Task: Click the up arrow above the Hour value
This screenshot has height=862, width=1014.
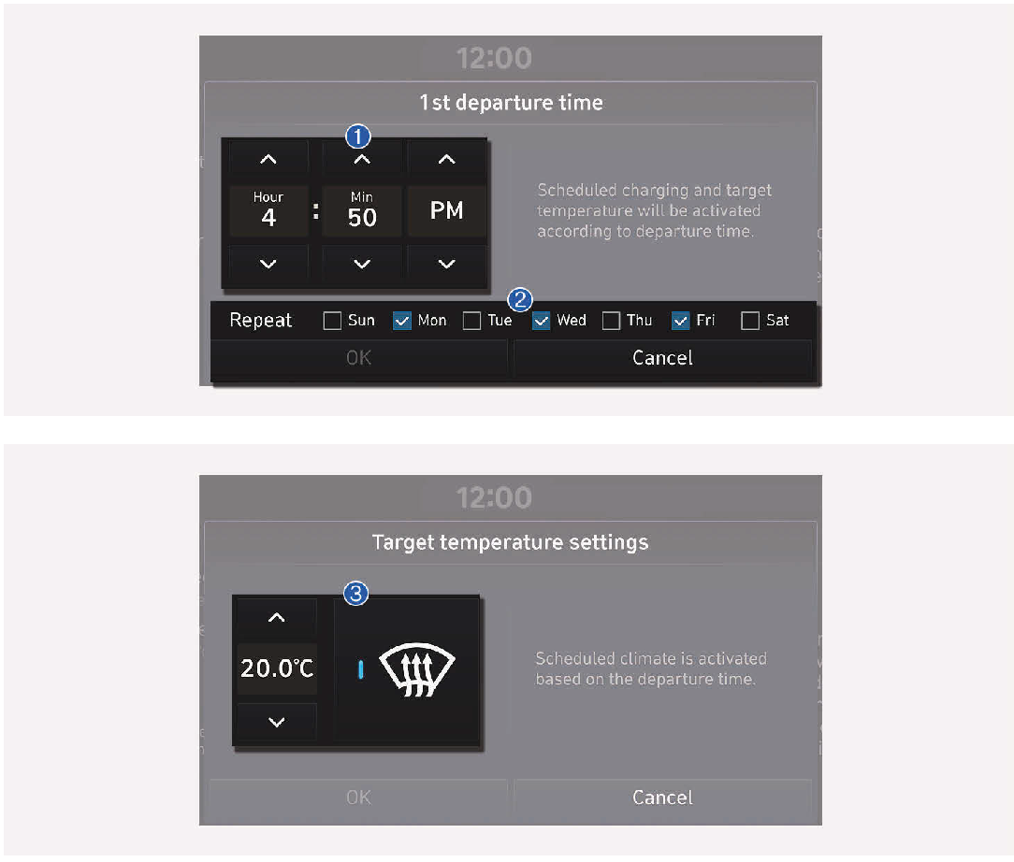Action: click(268, 159)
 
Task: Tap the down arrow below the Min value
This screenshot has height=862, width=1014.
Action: click(362, 264)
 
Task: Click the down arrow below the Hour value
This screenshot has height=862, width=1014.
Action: click(268, 264)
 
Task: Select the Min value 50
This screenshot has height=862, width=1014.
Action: click(362, 218)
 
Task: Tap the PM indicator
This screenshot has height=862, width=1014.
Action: click(447, 210)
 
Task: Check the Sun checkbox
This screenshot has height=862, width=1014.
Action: click(332, 321)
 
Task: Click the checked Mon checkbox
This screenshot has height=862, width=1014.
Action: click(402, 321)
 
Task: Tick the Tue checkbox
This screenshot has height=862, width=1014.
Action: click(472, 321)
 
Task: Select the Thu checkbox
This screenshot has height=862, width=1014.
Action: click(611, 321)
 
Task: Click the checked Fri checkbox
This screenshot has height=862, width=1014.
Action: click(681, 321)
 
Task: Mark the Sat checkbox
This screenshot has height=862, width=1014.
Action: click(750, 321)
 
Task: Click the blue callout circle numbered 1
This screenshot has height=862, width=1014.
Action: click(357, 136)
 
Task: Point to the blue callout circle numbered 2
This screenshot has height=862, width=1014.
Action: click(520, 300)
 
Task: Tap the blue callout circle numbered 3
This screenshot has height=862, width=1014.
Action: click(355, 593)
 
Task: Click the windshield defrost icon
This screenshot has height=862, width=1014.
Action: click(417, 669)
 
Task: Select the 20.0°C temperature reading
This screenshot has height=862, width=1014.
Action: click(277, 668)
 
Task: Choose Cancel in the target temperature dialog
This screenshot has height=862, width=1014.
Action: click(663, 797)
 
